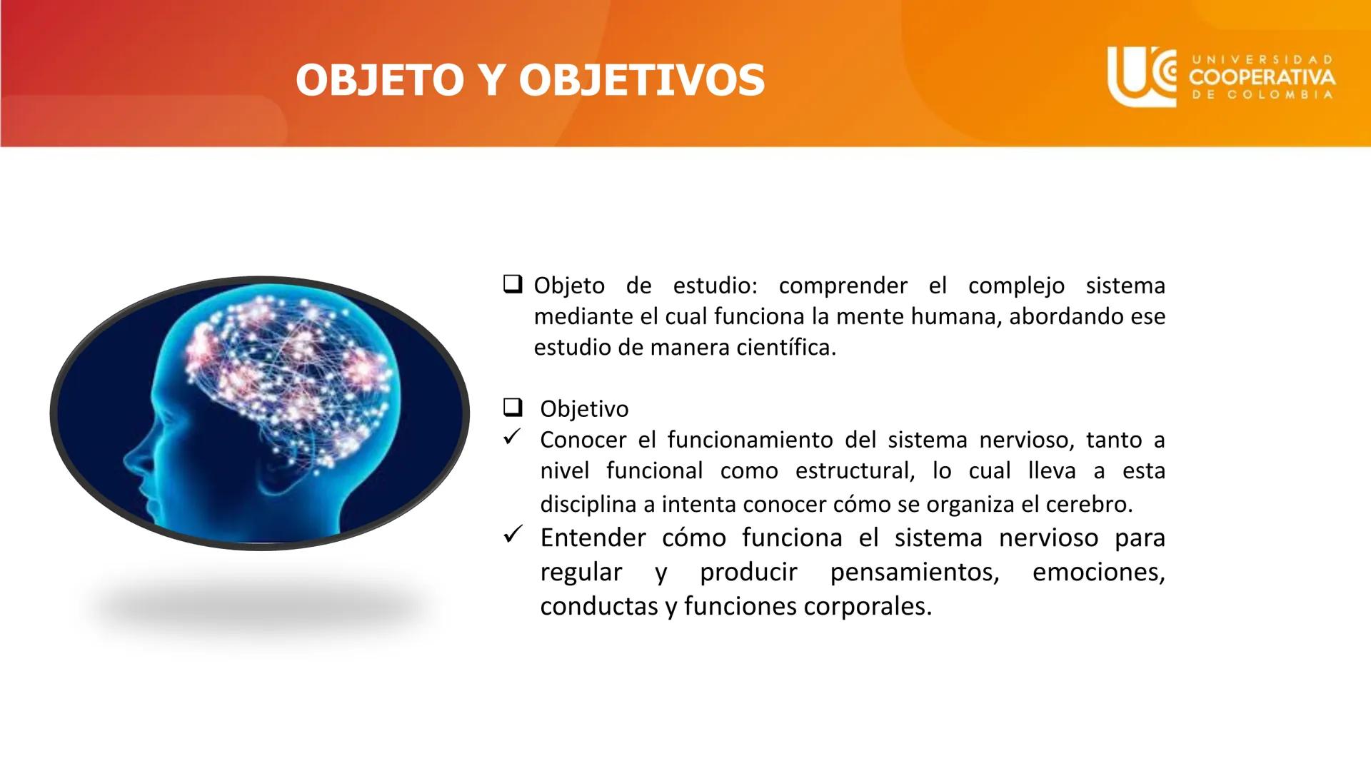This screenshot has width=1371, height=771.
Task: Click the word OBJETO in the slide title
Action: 380,79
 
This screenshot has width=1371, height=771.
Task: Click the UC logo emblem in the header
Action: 1141,76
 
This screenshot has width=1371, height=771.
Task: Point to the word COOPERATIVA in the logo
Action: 1262,77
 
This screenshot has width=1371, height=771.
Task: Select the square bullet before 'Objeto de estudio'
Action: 512,284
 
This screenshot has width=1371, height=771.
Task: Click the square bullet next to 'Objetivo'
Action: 512,408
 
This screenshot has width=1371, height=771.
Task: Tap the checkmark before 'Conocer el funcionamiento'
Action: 512,437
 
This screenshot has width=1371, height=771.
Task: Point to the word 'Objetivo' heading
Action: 584,409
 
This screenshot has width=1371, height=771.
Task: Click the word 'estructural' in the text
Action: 854,471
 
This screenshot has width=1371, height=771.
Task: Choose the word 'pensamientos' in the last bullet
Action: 914,573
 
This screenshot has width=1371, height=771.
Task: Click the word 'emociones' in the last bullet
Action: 1098,573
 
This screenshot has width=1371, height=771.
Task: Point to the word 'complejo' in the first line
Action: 1016,286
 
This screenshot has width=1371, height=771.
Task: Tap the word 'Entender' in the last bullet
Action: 593,538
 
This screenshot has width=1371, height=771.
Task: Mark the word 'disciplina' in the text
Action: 589,504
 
